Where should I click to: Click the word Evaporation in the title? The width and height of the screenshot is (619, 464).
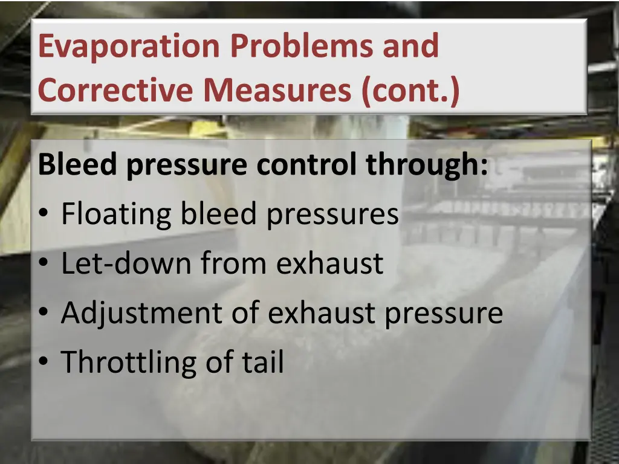[128, 47]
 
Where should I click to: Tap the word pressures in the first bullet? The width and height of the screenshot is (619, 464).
[332, 215]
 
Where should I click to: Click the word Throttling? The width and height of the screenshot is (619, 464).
[123, 362]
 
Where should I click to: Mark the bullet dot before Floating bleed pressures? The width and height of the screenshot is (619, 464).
[45, 216]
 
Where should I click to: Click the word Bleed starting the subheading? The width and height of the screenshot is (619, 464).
[79, 165]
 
